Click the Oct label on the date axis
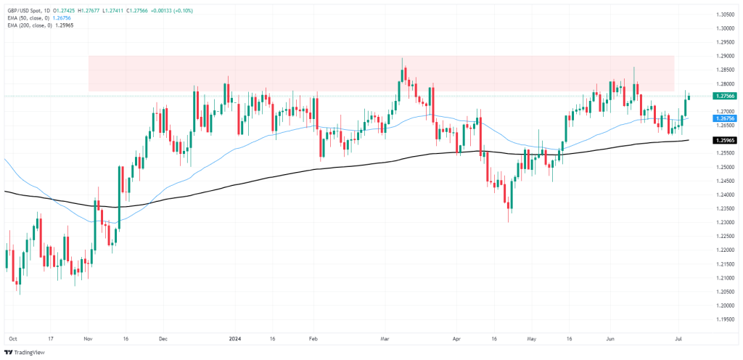(12, 338)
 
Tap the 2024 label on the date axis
(235, 338)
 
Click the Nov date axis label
(89, 338)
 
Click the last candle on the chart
(688, 97)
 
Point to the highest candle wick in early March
(402, 60)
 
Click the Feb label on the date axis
(313, 338)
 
